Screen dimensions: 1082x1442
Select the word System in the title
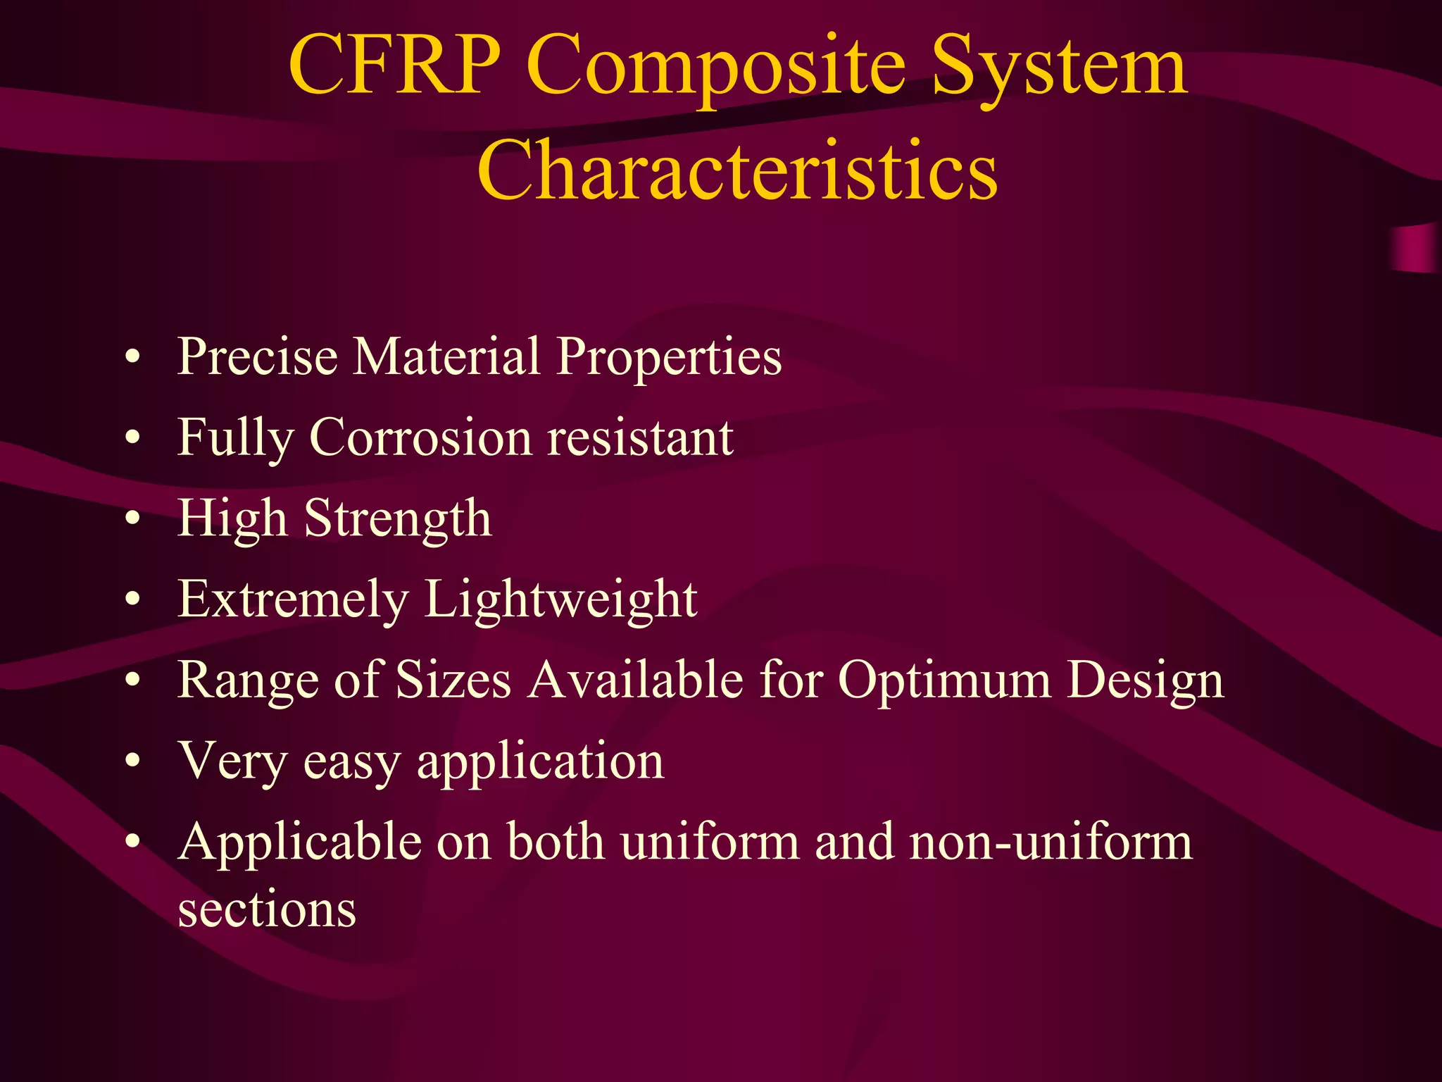tap(1060, 70)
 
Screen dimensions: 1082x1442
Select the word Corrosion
tap(420, 437)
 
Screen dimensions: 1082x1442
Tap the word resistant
tap(641, 437)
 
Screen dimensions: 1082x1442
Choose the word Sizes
tap(453, 680)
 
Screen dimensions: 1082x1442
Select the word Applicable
tap(300, 843)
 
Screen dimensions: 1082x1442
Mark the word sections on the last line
tap(267, 909)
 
